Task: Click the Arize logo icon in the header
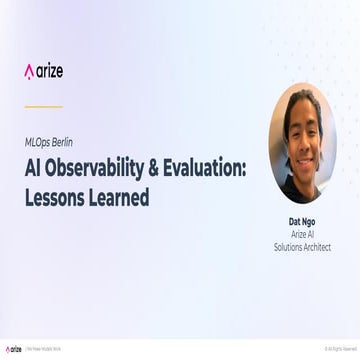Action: [x=29, y=70]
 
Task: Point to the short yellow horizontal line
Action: [x=43, y=105]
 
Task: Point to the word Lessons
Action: [x=56, y=197]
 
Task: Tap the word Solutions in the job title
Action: [x=290, y=246]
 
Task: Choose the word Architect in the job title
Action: [x=317, y=246]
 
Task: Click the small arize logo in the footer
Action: [x=13, y=349]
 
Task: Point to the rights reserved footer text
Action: [x=339, y=349]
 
